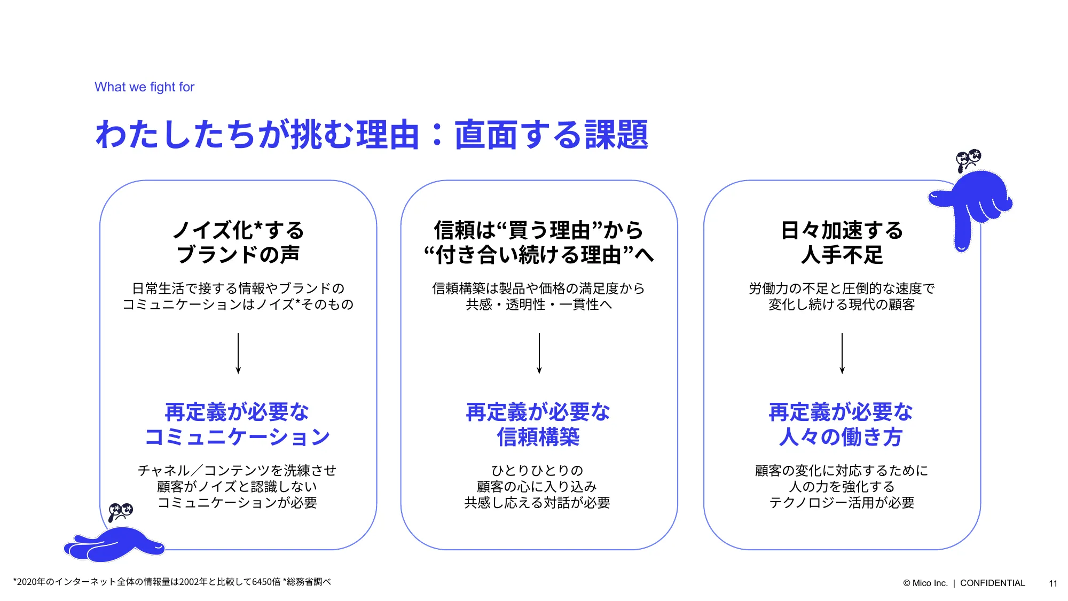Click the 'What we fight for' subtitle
coord(144,87)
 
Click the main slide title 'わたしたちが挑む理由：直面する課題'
coord(372,134)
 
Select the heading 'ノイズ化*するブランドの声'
coord(238,242)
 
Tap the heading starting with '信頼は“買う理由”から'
coord(539,242)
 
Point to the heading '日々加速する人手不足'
coord(842,242)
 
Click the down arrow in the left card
coord(238,353)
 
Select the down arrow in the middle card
coord(539,353)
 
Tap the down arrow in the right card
coord(842,353)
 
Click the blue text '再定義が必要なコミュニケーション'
coord(238,424)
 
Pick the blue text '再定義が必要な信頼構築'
coord(538,424)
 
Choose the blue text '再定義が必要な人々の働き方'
coord(841,424)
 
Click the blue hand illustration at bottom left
coord(114,544)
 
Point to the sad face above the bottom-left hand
coord(120,512)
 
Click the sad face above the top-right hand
coord(968,160)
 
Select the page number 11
coord(1053,583)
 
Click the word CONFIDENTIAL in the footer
coord(993,583)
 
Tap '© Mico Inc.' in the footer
coord(925,583)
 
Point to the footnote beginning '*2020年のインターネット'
coord(172,582)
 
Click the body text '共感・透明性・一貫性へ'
coord(539,305)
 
